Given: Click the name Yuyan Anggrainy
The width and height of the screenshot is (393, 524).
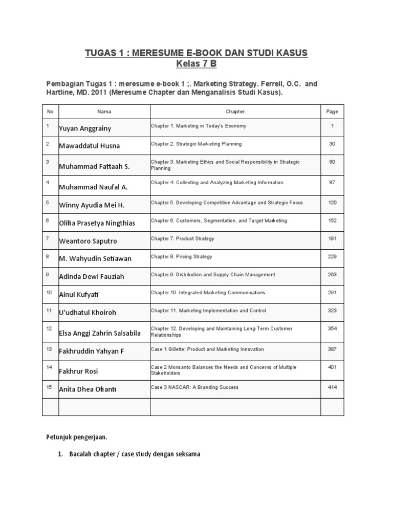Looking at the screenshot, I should click(84, 128).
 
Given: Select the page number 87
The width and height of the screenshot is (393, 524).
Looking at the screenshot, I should click(332, 183).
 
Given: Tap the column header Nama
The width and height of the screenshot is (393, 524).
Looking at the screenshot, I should click(104, 112).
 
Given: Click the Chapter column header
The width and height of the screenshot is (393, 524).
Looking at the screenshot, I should click(235, 112).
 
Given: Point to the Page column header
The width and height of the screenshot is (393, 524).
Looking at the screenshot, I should click(332, 112).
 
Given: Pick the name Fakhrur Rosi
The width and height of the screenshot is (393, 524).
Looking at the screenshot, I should click(78, 371).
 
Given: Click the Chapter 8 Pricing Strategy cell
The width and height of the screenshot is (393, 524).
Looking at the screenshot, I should click(181, 257).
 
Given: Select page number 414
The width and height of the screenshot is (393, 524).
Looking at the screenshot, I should click(332, 387).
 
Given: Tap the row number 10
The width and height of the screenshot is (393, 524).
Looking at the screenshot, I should click(49, 293).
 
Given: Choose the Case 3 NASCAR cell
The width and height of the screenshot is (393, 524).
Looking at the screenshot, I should click(194, 387).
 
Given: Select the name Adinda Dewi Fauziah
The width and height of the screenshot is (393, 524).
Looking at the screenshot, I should click(92, 277).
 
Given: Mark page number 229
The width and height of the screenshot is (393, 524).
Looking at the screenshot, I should click(332, 257).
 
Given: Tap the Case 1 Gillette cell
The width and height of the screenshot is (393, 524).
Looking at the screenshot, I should click(207, 350).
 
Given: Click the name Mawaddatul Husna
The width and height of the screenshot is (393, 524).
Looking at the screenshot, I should click(90, 146).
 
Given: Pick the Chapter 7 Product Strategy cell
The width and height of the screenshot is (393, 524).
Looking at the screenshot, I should click(182, 239).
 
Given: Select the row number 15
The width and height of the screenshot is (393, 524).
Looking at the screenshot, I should click(49, 387).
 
